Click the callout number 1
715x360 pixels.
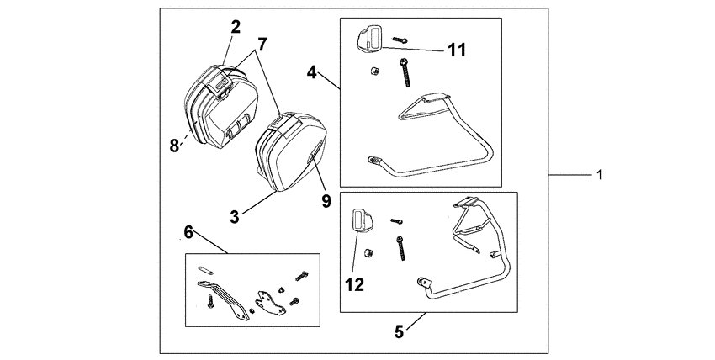pyautogui.click(x=599, y=175)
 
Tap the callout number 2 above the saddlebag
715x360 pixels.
pyautogui.click(x=236, y=26)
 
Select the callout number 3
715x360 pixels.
pyautogui.click(x=236, y=216)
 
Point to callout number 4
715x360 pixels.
pyautogui.click(x=311, y=73)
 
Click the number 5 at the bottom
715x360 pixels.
pyautogui.click(x=400, y=331)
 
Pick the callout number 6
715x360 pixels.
pyautogui.click(x=188, y=230)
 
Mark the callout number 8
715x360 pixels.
pyautogui.click(x=174, y=145)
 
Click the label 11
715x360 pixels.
pyautogui.click(x=457, y=50)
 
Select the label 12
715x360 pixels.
pyautogui.click(x=354, y=284)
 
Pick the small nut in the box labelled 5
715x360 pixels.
pyautogui.click(x=368, y=252)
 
